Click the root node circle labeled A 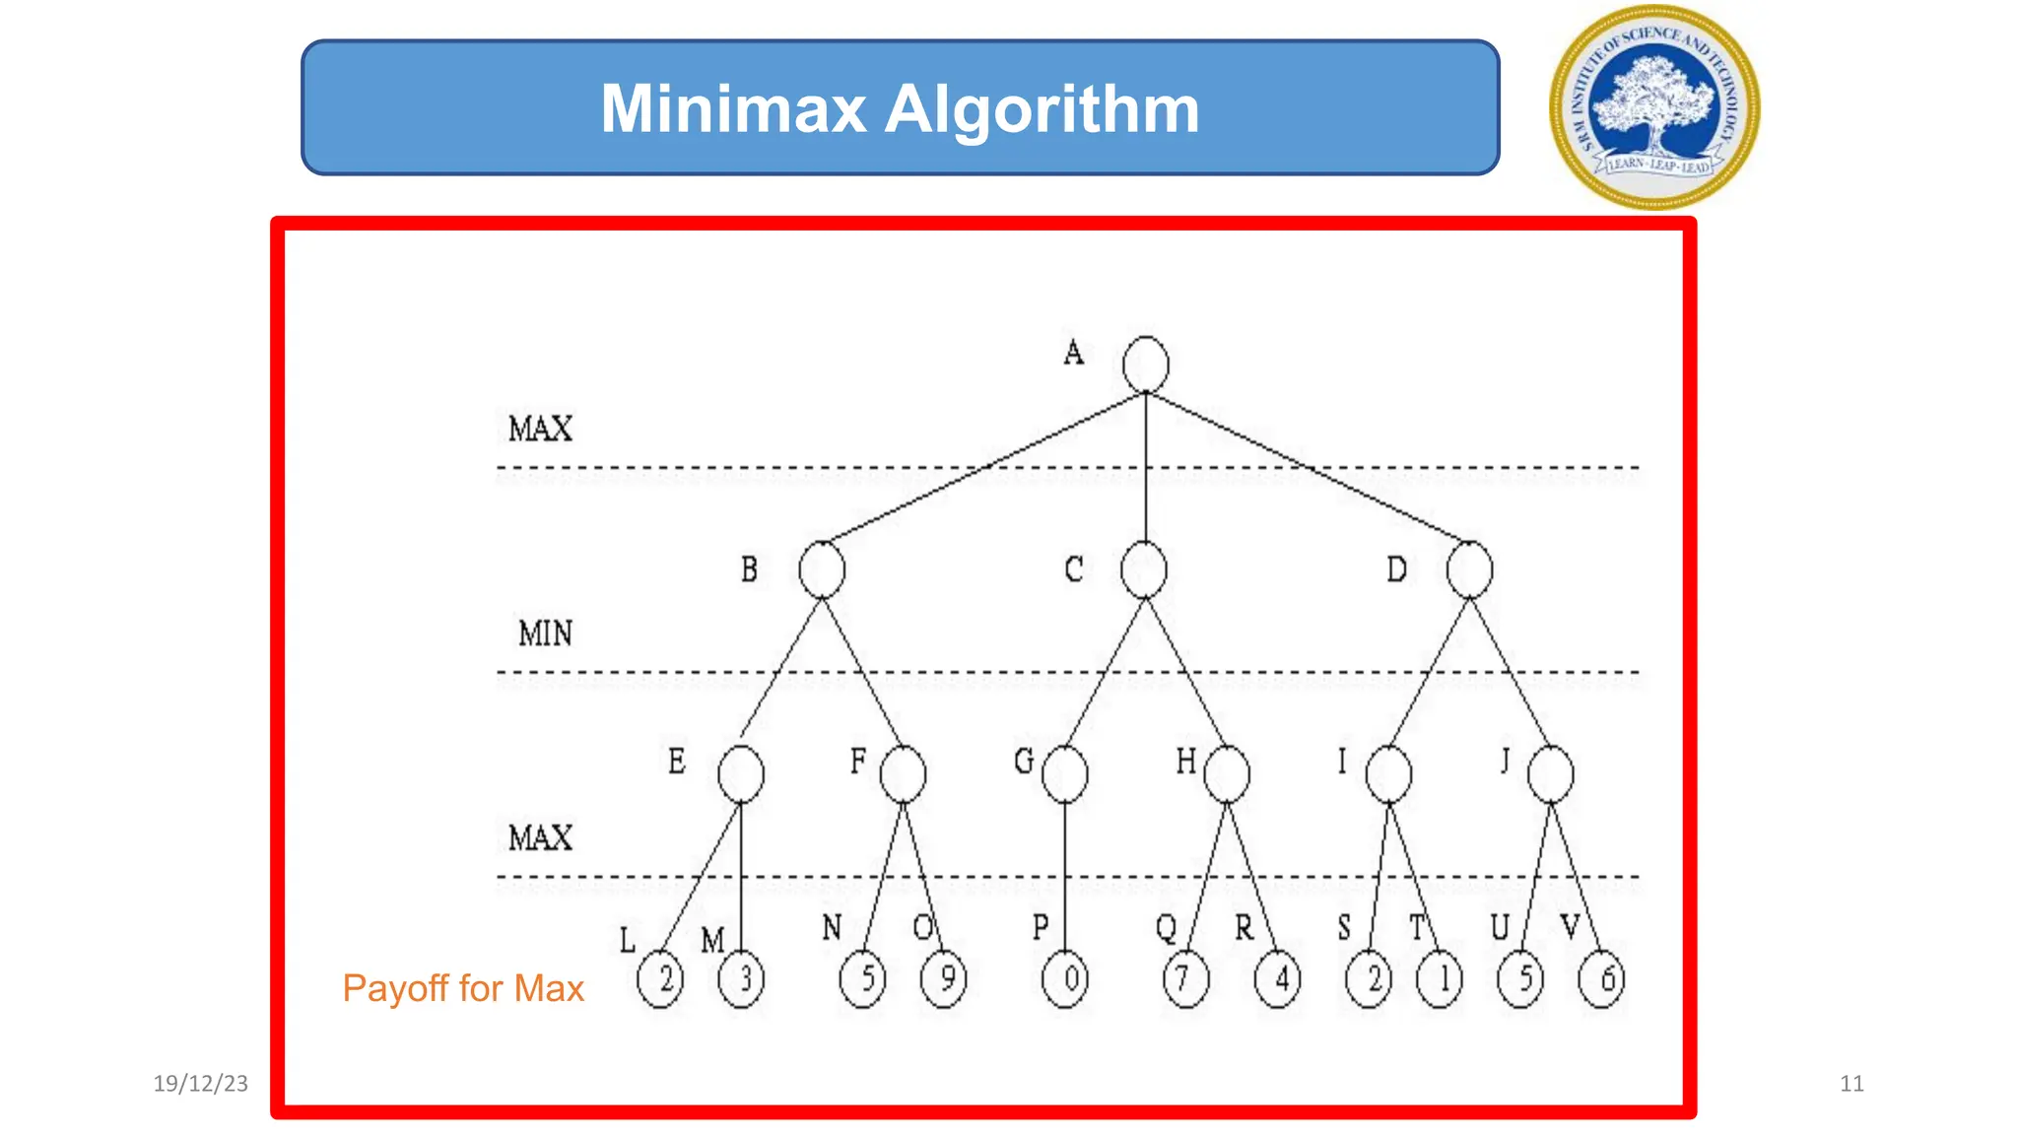coord(1145,365)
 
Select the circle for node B coord(822,569)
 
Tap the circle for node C coord(1144,569)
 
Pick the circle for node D coord(1469,569)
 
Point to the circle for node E coord(741,774)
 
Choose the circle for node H coord(1227,774)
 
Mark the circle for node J coord(1550,774)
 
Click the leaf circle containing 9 coord(944,979)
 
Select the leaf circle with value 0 coord(1065,979)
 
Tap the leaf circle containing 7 coord(1185,979)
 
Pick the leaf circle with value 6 coord(1601,979)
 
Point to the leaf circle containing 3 coord(742,979)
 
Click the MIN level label coord(545,633)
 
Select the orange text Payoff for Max coord(463,988)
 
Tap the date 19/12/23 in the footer coord(200,1084)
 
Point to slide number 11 coord(1851,1084)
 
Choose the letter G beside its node coord(1024,761)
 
